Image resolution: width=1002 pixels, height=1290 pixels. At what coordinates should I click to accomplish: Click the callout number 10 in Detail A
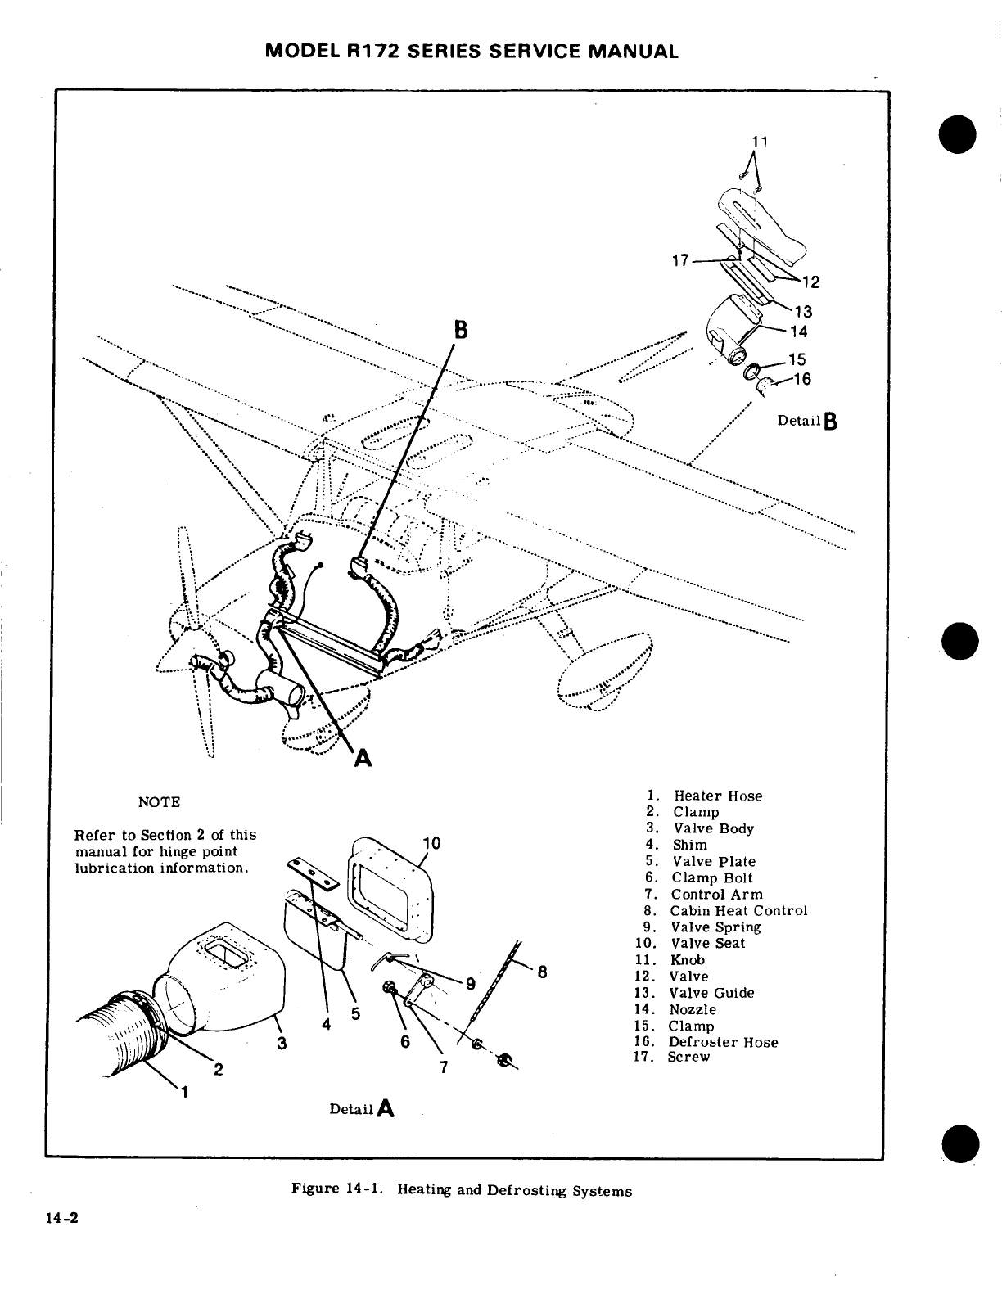coord(432,844)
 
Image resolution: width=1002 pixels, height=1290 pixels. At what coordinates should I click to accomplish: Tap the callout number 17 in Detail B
coord(679,261)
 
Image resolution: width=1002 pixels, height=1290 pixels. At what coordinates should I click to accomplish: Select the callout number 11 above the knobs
coord(761,142)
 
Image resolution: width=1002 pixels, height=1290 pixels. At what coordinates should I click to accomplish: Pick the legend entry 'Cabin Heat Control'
coord(738,911)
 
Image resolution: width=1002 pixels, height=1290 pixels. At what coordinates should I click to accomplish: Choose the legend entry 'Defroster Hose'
coord(723,1042)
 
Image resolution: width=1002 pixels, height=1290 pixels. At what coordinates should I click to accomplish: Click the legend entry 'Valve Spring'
coord(715,927)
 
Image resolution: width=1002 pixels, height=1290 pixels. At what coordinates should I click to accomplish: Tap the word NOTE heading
coord(160,802)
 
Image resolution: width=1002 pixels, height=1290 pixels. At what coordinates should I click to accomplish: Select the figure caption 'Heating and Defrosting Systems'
coord(514,1190)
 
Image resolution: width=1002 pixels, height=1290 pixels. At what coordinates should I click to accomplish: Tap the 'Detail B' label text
coord(807,421)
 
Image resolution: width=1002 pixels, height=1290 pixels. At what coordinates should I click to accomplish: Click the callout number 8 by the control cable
coord(542,973)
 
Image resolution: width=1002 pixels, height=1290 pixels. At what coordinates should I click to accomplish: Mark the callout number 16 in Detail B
coord(801,379)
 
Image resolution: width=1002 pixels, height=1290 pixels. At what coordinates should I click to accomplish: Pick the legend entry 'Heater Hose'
coord(717,796)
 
